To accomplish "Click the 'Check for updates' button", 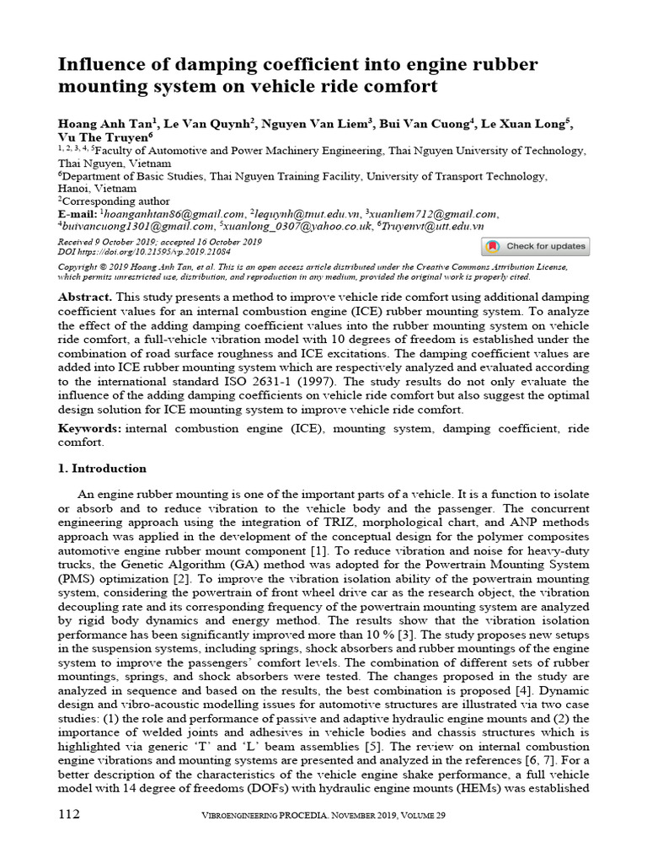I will tap(535, 246).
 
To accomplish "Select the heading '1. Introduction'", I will tap(102, 469).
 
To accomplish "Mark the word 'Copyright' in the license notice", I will tap(79, 265).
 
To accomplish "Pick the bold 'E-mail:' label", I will tap(78, 214).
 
